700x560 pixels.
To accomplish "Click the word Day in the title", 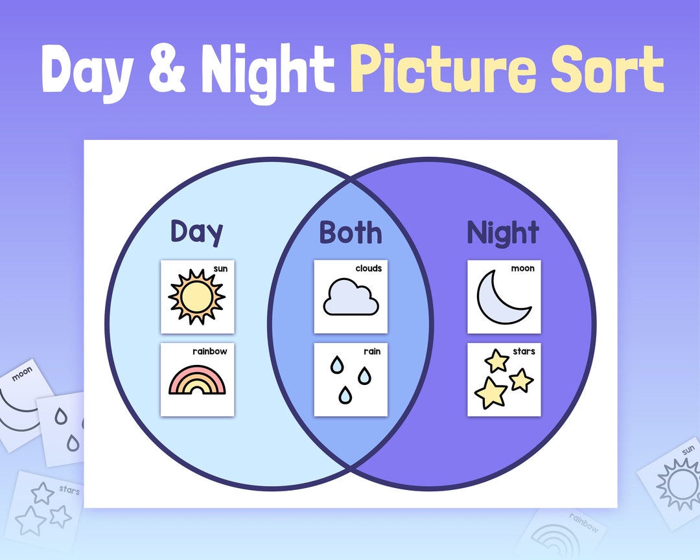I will [90, 70].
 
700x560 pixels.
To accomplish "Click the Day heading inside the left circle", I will [196, 232].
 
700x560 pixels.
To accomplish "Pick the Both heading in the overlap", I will [350, 233].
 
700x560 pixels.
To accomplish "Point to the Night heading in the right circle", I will [503, 233].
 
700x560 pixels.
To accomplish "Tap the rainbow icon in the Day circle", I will [197, 382].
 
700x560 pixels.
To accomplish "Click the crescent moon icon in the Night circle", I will [502, 297].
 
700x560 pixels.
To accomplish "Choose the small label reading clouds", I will [368, 268].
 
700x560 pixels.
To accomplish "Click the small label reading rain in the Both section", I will [372, 351].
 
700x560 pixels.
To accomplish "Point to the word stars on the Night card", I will [524, 351].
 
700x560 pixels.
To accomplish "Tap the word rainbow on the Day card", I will [209, 351].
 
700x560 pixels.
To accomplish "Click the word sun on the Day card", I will [220, 268].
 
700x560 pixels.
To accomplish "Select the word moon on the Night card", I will [522, 268].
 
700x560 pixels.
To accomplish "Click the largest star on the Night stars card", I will [491, 392].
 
